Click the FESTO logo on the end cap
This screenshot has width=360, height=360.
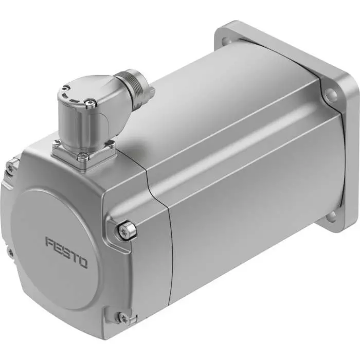(66, 252)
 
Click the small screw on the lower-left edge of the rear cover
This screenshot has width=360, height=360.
(10, 251)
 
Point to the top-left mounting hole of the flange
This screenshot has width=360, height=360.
(225, 35)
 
